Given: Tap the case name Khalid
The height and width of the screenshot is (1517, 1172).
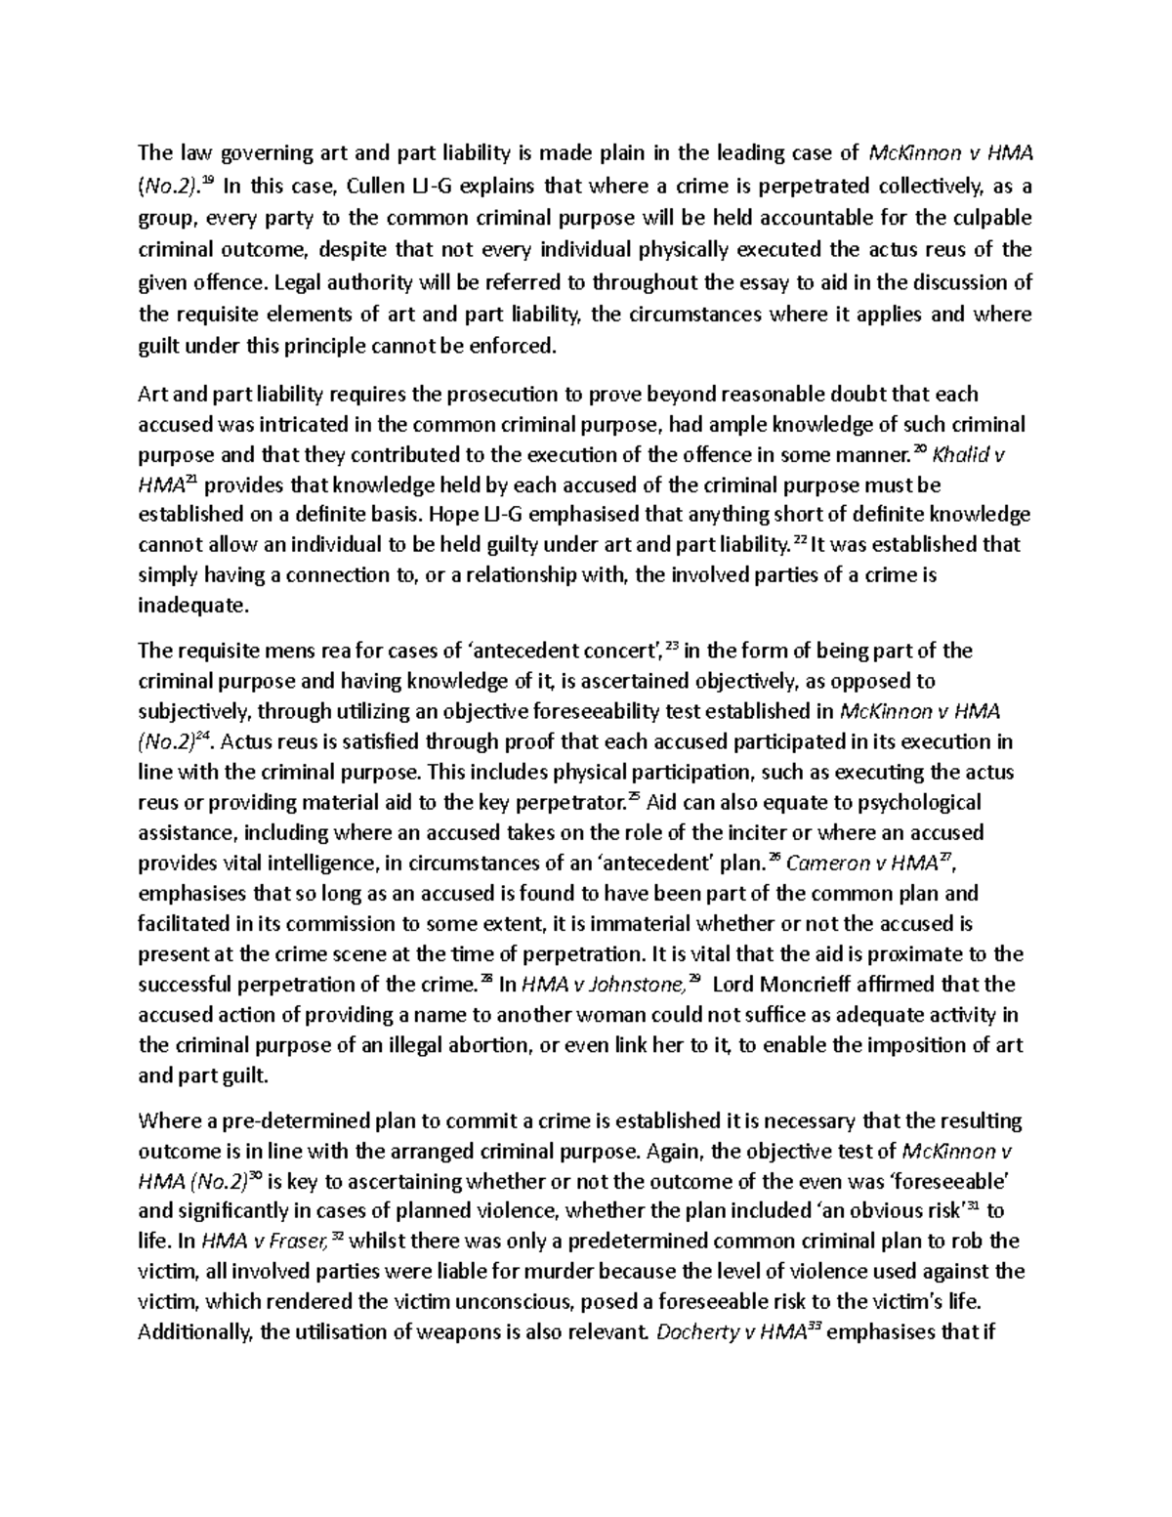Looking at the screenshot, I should coord(962,454).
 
